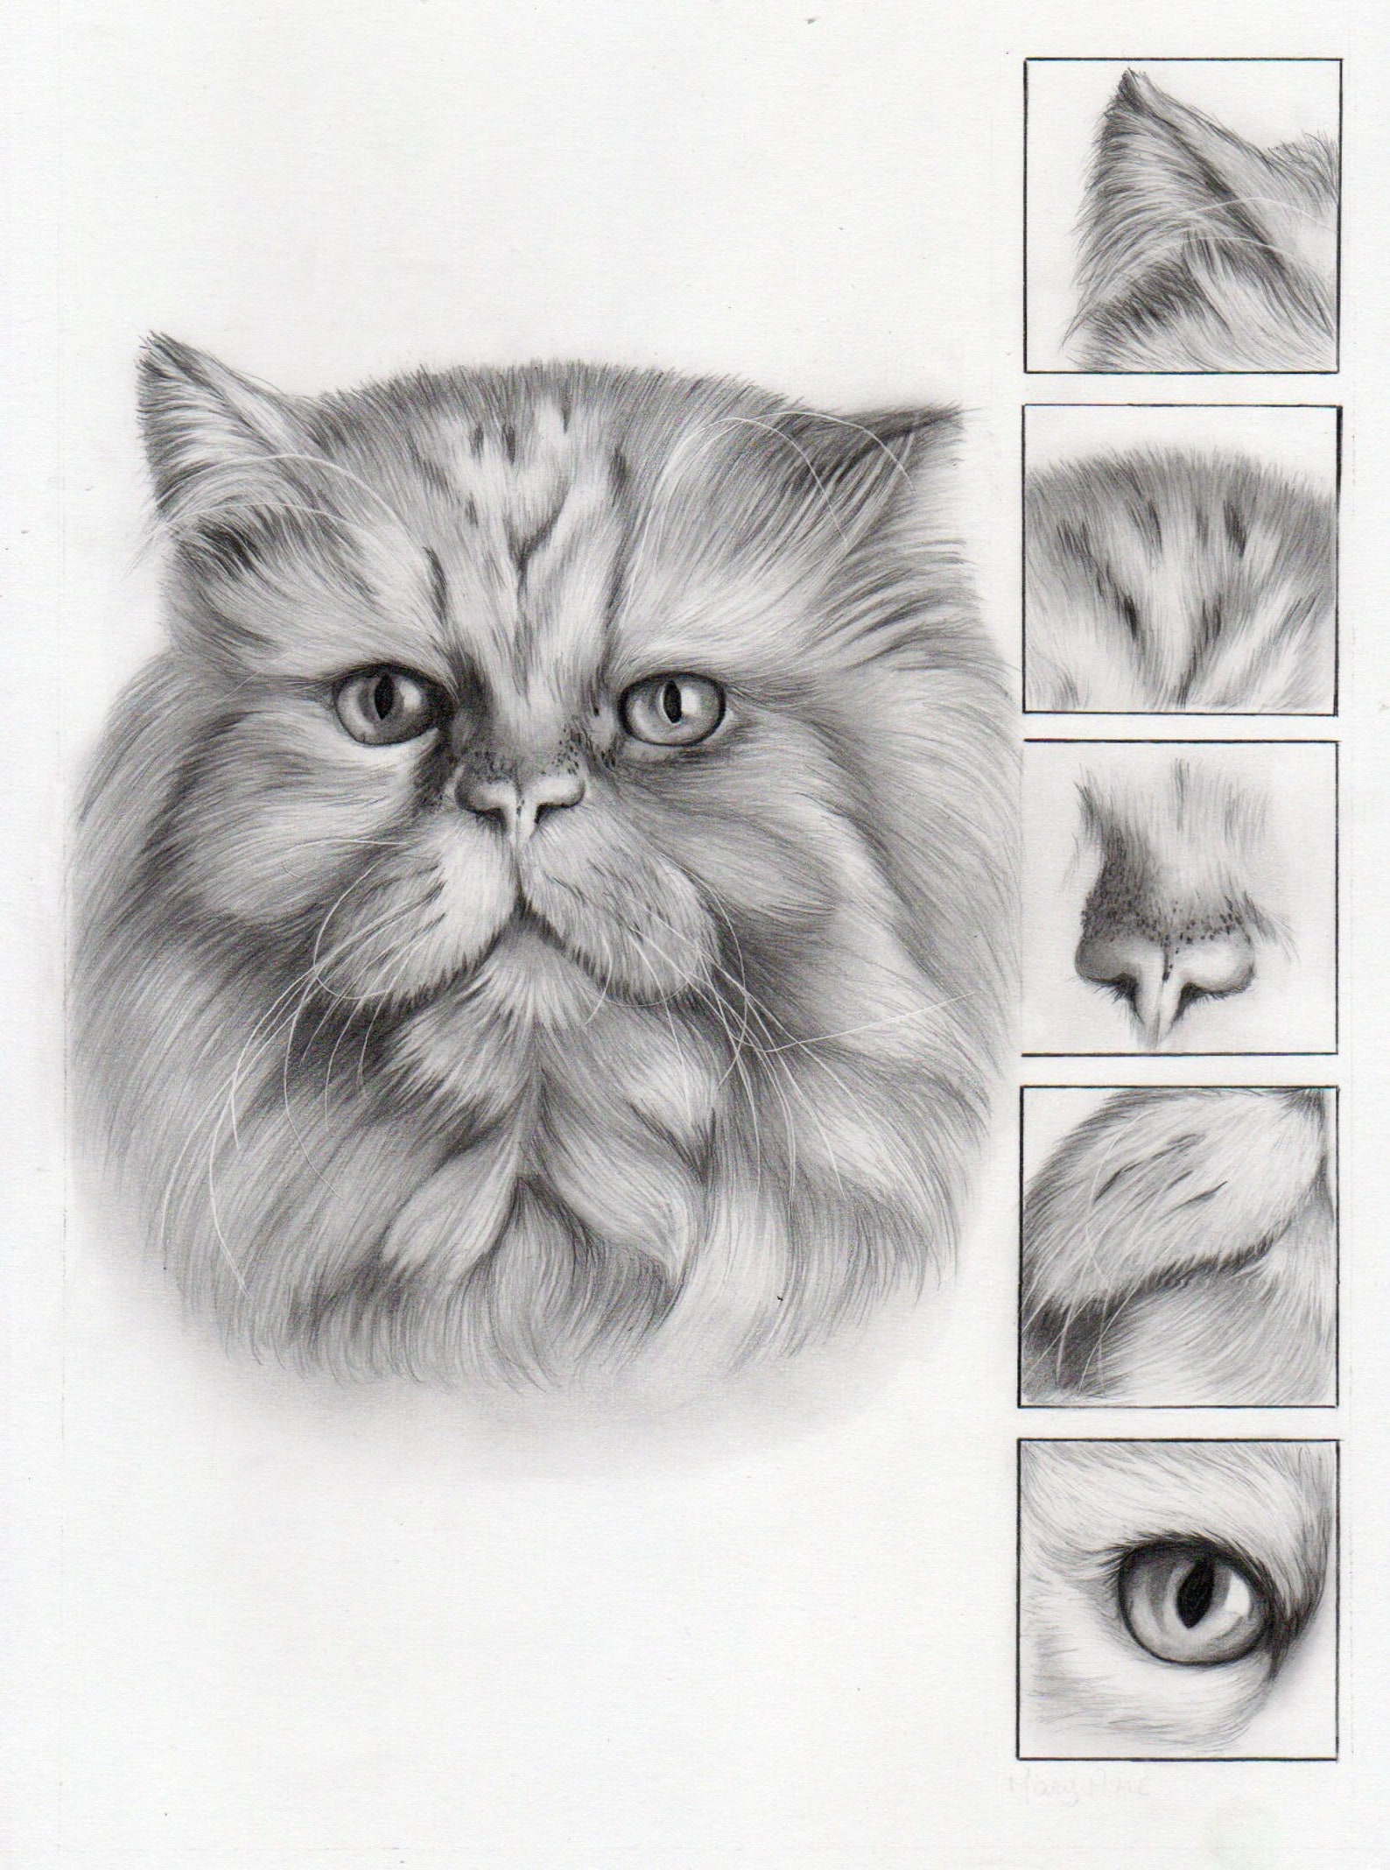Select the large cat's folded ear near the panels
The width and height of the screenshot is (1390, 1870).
[910, 438]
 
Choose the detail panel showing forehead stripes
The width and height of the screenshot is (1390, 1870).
[1182, 558]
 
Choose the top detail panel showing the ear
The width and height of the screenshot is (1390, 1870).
[1182, 214]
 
